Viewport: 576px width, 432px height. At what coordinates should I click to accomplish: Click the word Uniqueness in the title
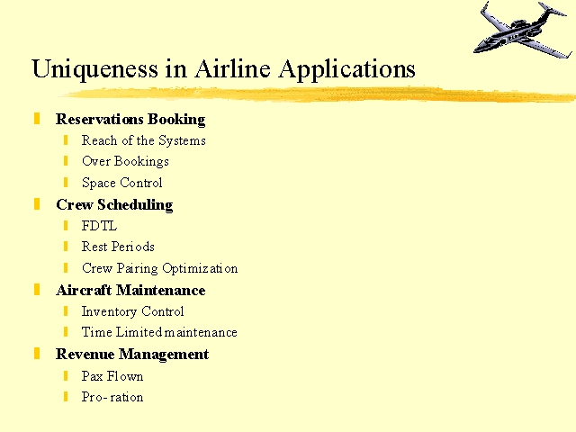pyautogui.click(x=95, y=69)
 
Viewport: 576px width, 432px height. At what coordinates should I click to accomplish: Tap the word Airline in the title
pyautogui.click(x=232, y=68)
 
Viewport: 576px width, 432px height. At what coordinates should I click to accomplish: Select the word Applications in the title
pyautogui.click(x=347, y=69)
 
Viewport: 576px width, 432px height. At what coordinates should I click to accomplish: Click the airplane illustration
pyautogui.click(x=523, y=30)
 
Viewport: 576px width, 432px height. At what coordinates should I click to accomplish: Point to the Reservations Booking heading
pyautogui.click(x=130, y=120)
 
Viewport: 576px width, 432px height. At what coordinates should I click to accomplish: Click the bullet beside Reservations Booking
pyautogui.click(x=37, y=119)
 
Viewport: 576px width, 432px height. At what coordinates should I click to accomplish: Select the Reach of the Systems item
pyautogui.click(x=144, y=140)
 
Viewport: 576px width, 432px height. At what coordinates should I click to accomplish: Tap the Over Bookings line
pyautogui.click(x=125, y=162)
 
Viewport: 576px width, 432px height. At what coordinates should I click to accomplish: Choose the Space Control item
pyautogui.click(x=122, y=183)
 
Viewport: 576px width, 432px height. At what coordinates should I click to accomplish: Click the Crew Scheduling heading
pyautogui.click(x=114, y=205)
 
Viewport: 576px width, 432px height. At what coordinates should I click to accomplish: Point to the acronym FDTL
pyautogui.click(x=99, y=226)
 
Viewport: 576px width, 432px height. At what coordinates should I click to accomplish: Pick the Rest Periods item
pyautogui.click(x=118, y=247)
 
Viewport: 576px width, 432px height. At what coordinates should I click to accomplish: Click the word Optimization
pyautogui.click(x=200, y=268)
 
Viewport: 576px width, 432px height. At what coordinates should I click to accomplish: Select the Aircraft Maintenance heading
pyautogui.click(x=130, y=290)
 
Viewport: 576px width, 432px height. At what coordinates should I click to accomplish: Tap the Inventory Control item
pyautogui.click(x=132, y=311)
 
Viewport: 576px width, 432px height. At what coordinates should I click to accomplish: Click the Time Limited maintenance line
pyautogui.click(x=159, y=332)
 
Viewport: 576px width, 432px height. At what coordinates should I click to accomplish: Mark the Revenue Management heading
pyautogui.click(x=132, y=355)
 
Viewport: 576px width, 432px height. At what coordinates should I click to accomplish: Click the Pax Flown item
pyautogui.click(x=112, y=376)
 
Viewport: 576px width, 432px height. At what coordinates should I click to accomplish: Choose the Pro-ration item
pyautogui.click(x=112, y=397)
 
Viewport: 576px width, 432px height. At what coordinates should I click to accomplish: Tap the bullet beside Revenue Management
pyautogui.click(x=37, y=354)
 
